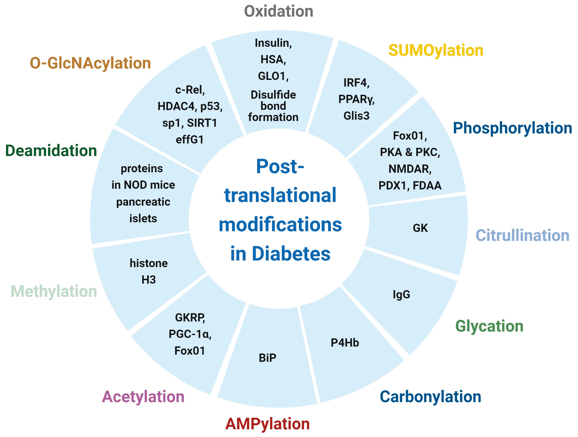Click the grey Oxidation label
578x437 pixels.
click(x=278, y=11)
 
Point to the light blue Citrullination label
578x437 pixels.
click(x=522, y=235)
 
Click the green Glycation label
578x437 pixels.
click(x=489, y=326)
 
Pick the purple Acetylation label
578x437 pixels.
click(x=143, y=397)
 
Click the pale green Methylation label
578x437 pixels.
click(x=54, y=291)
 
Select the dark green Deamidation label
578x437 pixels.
click(x=51, y=151)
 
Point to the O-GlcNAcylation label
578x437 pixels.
click(x=90, y=63)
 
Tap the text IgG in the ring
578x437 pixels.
click(x=401, y=294)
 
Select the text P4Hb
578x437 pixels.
click(x=345, y=343)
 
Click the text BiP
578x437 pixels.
click(x=267, y=358)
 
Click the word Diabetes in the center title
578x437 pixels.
click(x=291, y=254)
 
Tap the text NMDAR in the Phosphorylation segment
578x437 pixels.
click(x=409, y=169)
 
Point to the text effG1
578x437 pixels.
click(x=190, y=140)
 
